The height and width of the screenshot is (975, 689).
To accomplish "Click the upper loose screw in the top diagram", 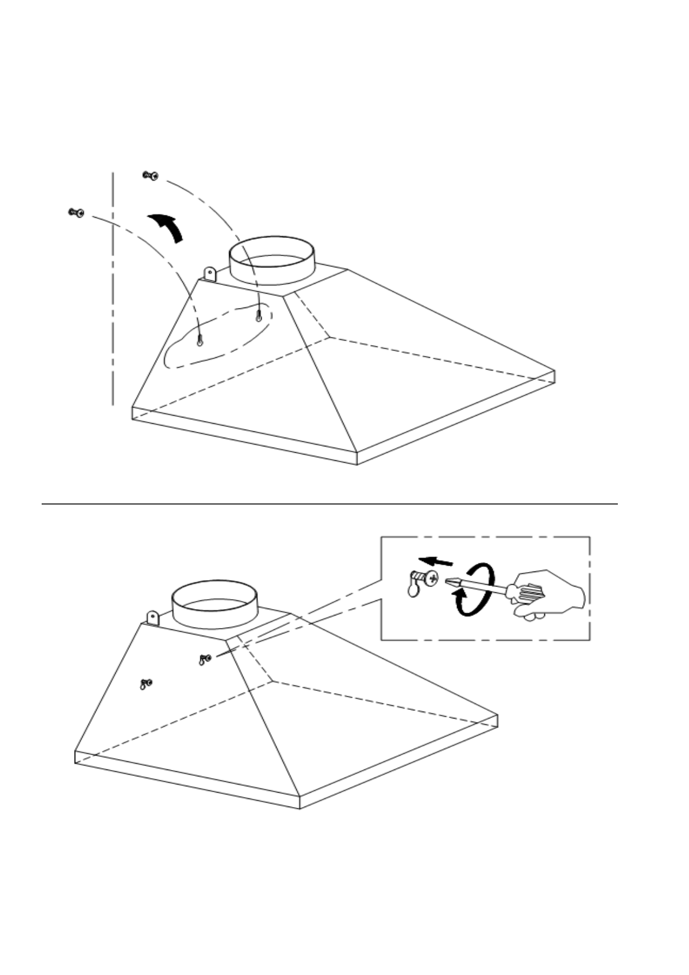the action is click(151, 175).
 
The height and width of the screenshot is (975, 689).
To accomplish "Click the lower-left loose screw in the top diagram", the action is click(76, 212).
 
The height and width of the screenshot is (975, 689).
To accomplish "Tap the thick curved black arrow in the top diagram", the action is click(167, 227).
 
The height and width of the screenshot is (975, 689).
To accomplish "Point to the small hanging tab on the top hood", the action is click(209, 274).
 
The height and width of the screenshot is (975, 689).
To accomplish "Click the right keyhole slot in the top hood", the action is click(258, 316).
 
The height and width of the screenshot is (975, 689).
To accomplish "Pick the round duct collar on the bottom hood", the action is click(214, 603).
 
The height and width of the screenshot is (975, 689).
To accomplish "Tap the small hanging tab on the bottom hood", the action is click(152, 618).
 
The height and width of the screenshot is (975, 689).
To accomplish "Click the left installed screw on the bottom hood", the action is click(145, 684).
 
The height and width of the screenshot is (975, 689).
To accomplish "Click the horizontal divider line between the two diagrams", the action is click(330, 504).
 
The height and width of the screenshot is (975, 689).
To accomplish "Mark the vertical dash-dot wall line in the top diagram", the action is click(113, 289).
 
